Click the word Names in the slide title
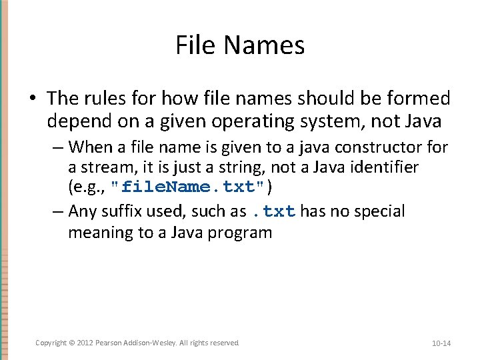point(265,45)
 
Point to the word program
point(243,233)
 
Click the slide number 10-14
point(441,343)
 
